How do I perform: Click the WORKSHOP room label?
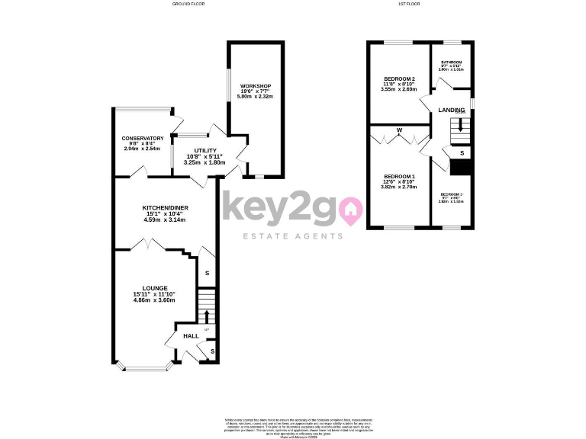click(256, 85)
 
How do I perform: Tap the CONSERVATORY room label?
click(143, 138)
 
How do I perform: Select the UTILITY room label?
click(205, 150)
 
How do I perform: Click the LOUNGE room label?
click(154, 288)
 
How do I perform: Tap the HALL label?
click(191, 335)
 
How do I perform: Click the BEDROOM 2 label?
click(399, 79)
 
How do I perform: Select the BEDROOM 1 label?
click(399, 175)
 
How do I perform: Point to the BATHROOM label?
click(452, 62)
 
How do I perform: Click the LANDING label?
click(451, 111)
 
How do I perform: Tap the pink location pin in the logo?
click(351, 209)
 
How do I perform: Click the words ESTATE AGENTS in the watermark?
click(292, 236)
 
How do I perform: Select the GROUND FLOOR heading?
click(189, 4)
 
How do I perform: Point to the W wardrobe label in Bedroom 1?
click(398, 130)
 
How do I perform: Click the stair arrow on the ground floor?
click(205, 316)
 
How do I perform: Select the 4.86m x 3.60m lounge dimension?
click(154, 300)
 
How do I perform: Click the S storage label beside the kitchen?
click(206, 272)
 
